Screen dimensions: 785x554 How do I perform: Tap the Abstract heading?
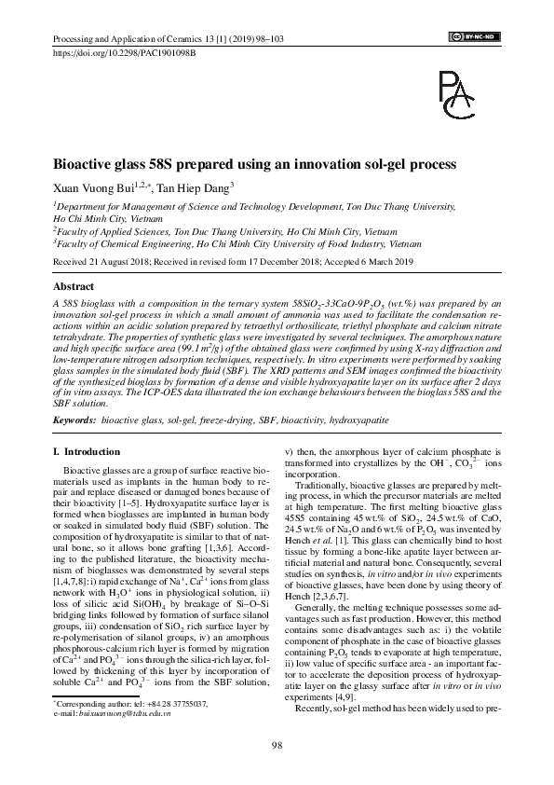pyautogui.click(x=74, y=287)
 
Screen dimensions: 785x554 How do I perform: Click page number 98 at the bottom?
pyautogui.click(x=277, y=743)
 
